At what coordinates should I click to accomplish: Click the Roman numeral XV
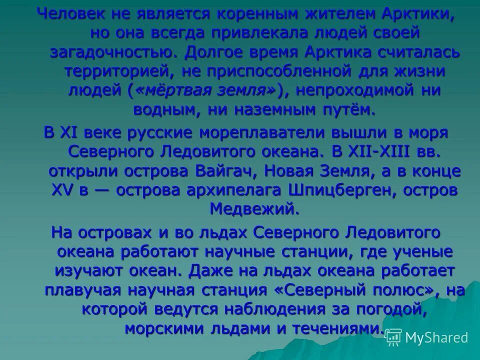[x=63, y=190]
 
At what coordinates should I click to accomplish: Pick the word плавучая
[x=85, y=290]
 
